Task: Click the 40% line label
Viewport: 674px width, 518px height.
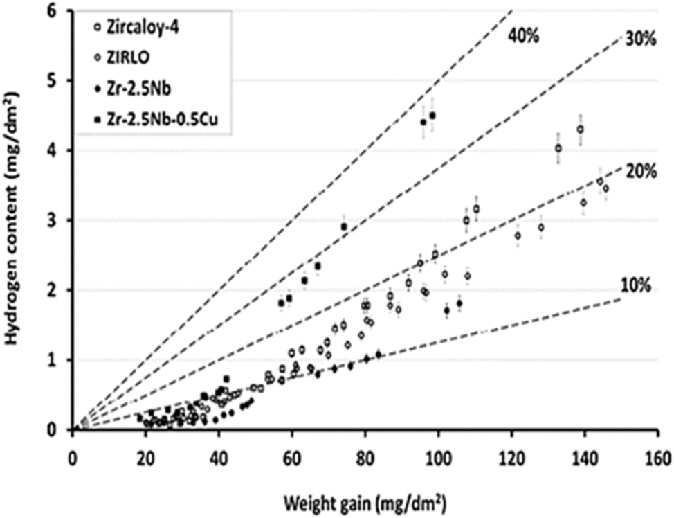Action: tap(524, 35)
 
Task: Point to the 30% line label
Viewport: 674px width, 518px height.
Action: tap(640, 39)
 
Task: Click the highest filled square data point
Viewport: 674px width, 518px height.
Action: tap(432, 116)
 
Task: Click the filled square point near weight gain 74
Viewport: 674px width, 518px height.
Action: tap(344, 226)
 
